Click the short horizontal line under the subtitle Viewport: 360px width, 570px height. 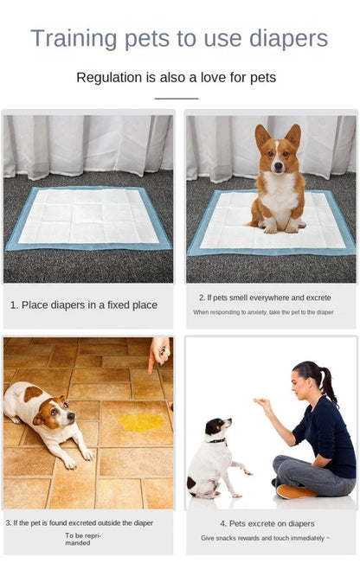(177, 99)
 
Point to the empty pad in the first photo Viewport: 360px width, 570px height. (88, 218)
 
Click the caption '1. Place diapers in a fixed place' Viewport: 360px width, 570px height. (84, 304)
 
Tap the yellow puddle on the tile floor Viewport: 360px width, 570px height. (141, 421)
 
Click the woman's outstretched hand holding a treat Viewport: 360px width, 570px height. (260, 403)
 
